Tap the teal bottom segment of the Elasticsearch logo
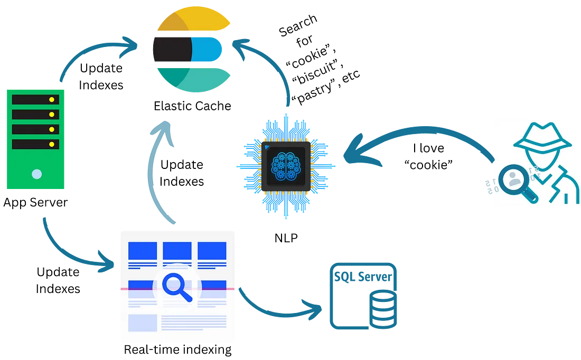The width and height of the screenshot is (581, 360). (195, 82)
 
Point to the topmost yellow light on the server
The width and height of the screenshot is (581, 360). (52, 100)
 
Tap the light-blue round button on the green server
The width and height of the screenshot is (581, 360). (36, 174)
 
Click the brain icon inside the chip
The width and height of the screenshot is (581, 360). (285, 165)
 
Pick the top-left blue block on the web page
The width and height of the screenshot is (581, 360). (142, 250)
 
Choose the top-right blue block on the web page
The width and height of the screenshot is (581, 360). (212, 250)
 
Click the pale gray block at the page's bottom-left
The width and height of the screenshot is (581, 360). (142, 323)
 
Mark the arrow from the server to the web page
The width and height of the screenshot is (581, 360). (69, 251)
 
